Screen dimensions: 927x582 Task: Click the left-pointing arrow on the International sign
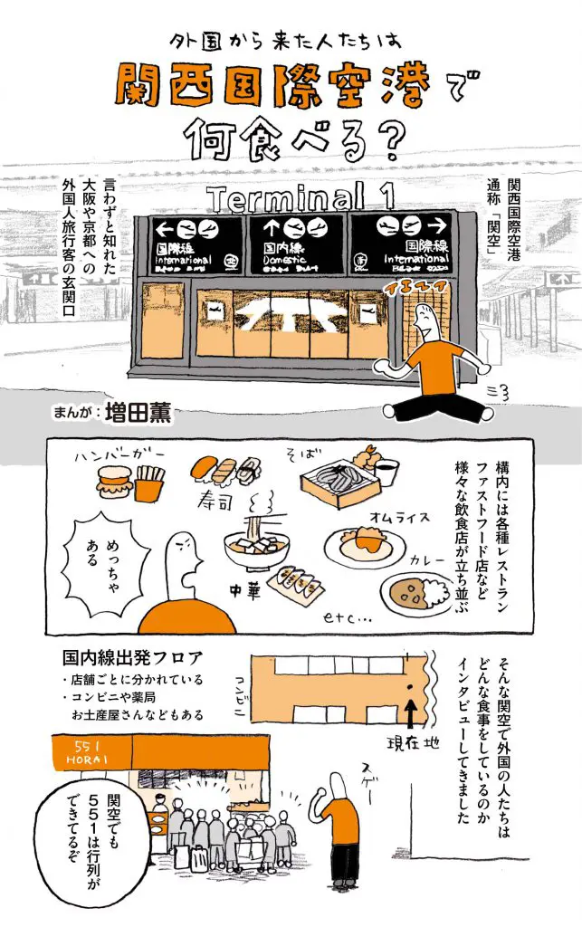pos(164,227)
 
